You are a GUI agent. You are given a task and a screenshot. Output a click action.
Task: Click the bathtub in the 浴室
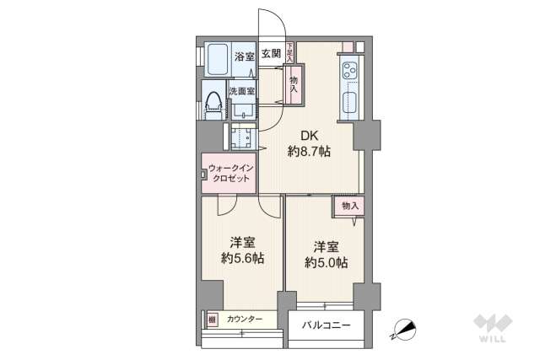(x=218, y=58)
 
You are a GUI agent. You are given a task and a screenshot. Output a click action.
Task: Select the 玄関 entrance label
(x=271, y=54)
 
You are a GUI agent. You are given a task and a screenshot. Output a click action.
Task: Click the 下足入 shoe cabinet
(x=289, y=54)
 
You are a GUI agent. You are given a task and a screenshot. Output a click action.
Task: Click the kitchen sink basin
(x=349, y=106)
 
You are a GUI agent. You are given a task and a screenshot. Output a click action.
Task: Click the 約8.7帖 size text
(x=309, y=152)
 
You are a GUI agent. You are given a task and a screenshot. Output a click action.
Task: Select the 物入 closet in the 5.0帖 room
(x=350, y=206)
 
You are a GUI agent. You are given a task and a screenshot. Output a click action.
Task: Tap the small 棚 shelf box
(x=211, y=319)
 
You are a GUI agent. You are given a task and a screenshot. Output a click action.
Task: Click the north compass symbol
(x=404, y=330)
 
